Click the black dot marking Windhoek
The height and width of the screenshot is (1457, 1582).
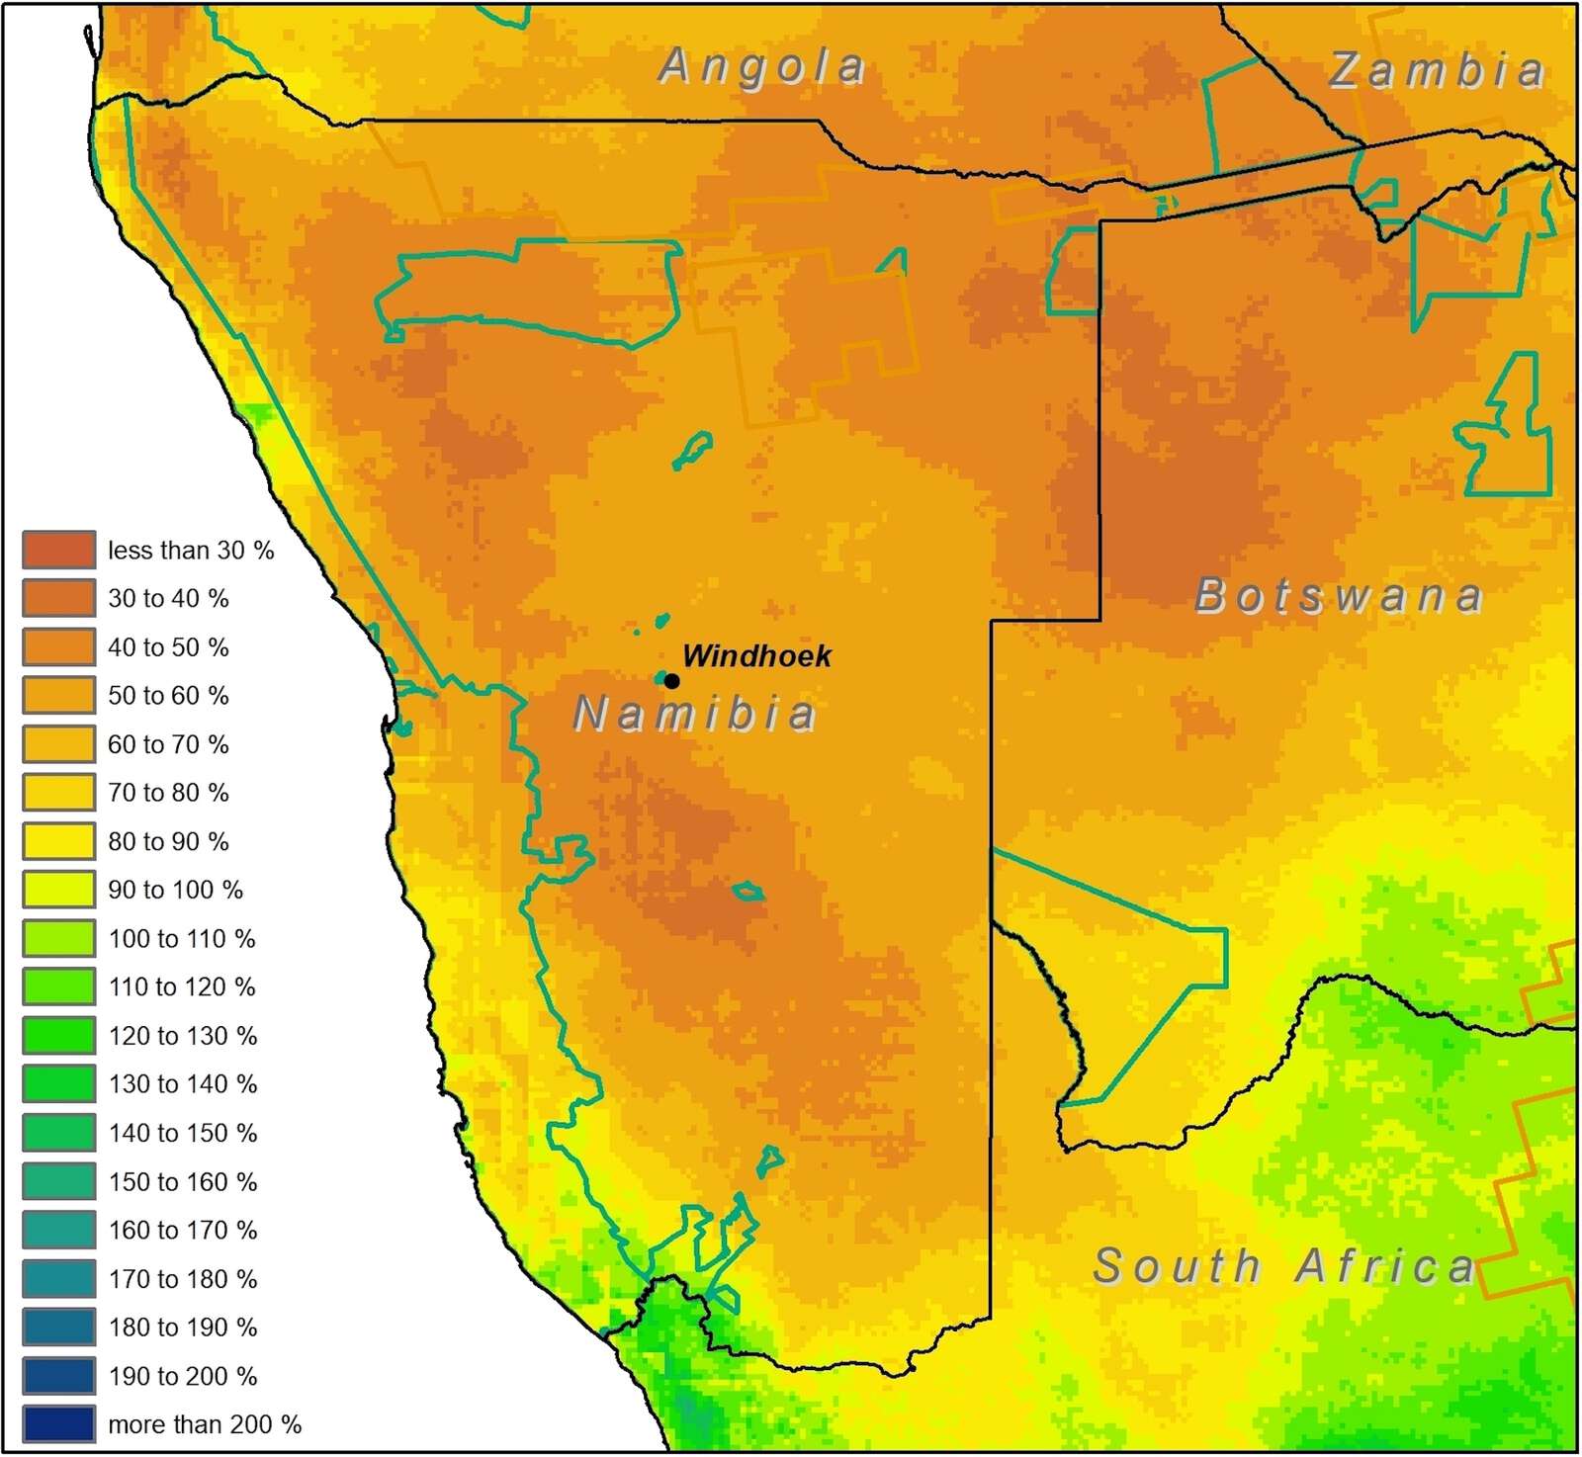[x=671, y=681]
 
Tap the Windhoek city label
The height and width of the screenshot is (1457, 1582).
[x=756, y=655]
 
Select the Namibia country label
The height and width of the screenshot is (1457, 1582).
[x=695, y=714]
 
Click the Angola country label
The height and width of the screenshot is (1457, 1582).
[x=762, y=67]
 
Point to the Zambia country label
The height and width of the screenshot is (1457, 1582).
[x=1437, y=70]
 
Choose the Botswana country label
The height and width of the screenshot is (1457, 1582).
[x=1340, y=595]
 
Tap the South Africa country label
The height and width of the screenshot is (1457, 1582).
[x=1283, y=1266]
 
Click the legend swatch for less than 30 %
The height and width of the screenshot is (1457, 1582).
[x=59, y=550]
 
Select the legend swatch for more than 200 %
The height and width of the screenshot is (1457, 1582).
[x=59, y=1423]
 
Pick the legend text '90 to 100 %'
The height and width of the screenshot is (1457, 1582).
[x=175, y=890]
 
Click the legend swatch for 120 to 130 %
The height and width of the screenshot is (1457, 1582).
[x=59, y=1035]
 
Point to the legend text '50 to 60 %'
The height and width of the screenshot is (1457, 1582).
[x=168, y=696]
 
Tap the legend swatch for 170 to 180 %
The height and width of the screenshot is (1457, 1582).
[x=59, y=1278]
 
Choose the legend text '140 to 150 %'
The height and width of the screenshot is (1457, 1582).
[x=182, y=1133]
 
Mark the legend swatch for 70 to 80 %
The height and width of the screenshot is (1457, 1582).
[x=59, y=793]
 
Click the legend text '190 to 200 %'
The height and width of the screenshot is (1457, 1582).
[x=182, y=1376]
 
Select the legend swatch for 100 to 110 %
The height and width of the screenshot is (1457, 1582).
[x=59, y=938]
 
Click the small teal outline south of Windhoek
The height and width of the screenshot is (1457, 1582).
[x=748, y=893]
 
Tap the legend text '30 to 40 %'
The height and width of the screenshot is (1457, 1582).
[x=168, y=599]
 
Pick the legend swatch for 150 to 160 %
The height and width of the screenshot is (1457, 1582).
[x=59, y=1181]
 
